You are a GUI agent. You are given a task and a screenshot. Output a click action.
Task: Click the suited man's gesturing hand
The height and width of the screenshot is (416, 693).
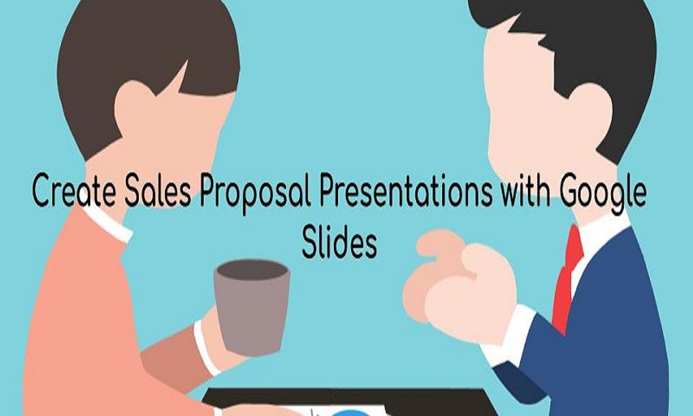click(456, 283)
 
